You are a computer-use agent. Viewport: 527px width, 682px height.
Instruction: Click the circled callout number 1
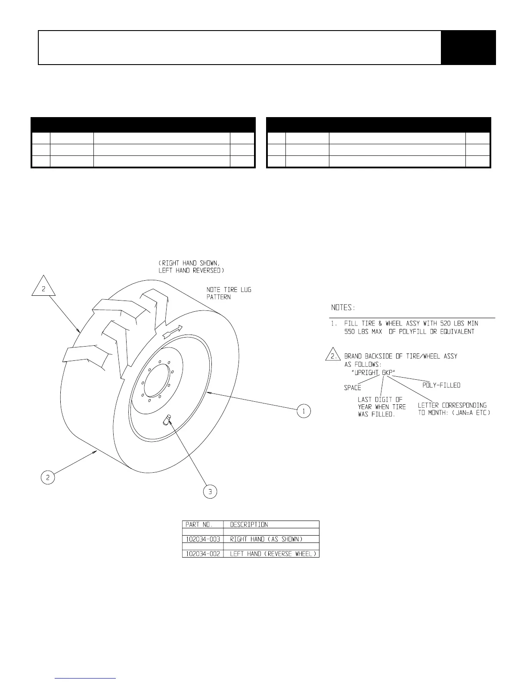pyautogui.click(x=304, y=411)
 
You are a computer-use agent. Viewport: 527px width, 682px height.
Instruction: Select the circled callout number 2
pyautogui.click(x=48, y=477)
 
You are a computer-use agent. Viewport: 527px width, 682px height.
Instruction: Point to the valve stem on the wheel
pyautogui.click(x=167, y=420)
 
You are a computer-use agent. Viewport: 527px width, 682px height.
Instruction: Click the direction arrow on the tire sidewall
pyautogui.click(x=173, y=331)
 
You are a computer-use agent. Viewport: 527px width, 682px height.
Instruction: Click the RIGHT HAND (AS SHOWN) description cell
pyautogui.click(x=266, y=539)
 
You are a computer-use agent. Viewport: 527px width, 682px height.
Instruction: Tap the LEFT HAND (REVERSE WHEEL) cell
pyautogui.click(x=274, y=554)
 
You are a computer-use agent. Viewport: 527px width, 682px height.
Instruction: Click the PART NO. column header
pyautogui.click(x=199, y=524)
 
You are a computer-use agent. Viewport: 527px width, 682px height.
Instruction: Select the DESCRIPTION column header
pyautogui.click(x=249, y=524)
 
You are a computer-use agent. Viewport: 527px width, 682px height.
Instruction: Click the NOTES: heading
pyautogui.click(x=343, y=308)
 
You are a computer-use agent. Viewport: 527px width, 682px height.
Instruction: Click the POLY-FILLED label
pyautogui.click(x=441, y=385)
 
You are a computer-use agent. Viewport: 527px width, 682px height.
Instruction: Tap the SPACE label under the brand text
pyautogui.click(x=352, y=388)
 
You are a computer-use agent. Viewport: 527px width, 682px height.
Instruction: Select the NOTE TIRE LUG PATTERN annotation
pyautogui.click(x=229, y=293)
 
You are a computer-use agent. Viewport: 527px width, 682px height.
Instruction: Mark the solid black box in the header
pyautogui.click(x=468, y=47)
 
